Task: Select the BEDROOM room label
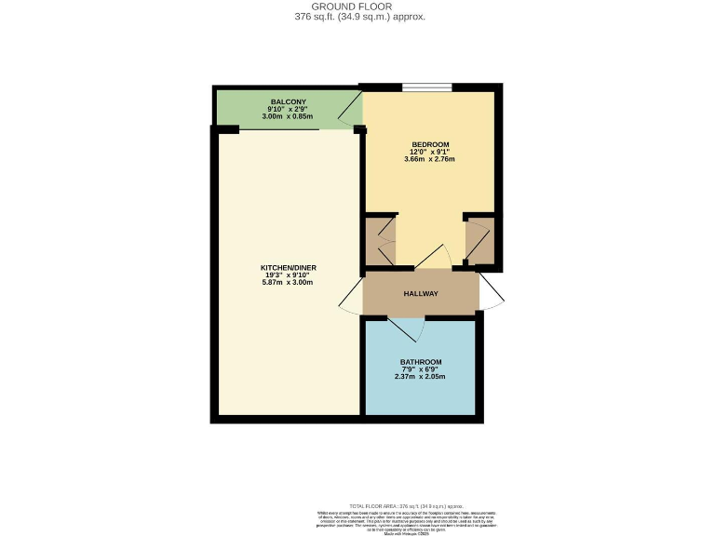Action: (x=430, y=144)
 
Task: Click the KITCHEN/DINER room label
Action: (x=289, y=267)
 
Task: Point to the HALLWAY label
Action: (x=421, y=293)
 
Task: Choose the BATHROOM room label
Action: (x=421, y=361)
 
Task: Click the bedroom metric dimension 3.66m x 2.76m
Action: (x=430, y=159)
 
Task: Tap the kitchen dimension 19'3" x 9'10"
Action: (x=289, y=275)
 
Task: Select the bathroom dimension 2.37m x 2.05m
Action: (x=421, y=376)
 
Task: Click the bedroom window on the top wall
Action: (x=427, y=88)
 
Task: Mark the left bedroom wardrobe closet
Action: (x=379, y=241)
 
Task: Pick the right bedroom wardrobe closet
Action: (x=479, y=241)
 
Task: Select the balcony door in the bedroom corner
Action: (x=351, y=112)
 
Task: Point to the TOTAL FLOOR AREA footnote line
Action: (x=412, y=504)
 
